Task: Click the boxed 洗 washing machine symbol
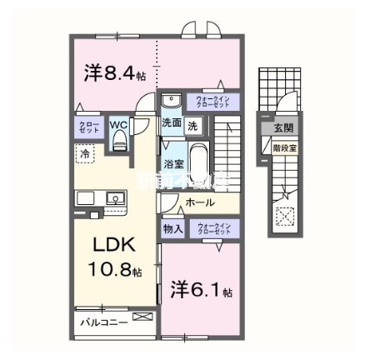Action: pos(192,127)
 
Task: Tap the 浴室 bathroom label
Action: pos(172,165)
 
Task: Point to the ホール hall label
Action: pos(200,203)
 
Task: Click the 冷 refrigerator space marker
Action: pos(84,154)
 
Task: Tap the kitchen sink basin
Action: pos(114,199)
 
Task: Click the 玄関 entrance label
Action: pos(283,127)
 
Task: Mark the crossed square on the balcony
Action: pos(142,317)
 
